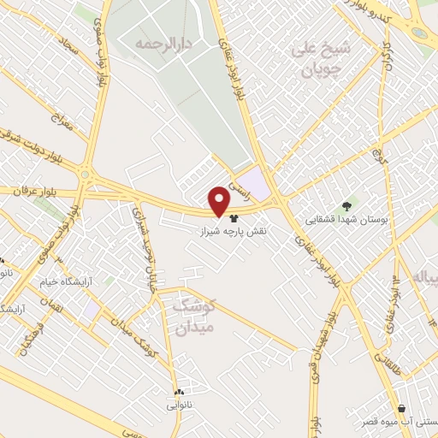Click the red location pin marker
(x=220, y=201)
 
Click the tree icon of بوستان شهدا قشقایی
(x=346, y=205)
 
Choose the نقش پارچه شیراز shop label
(x=234, y=231)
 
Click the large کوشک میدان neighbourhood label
(x=195, y=314)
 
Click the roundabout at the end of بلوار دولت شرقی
(x=86, y=174)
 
